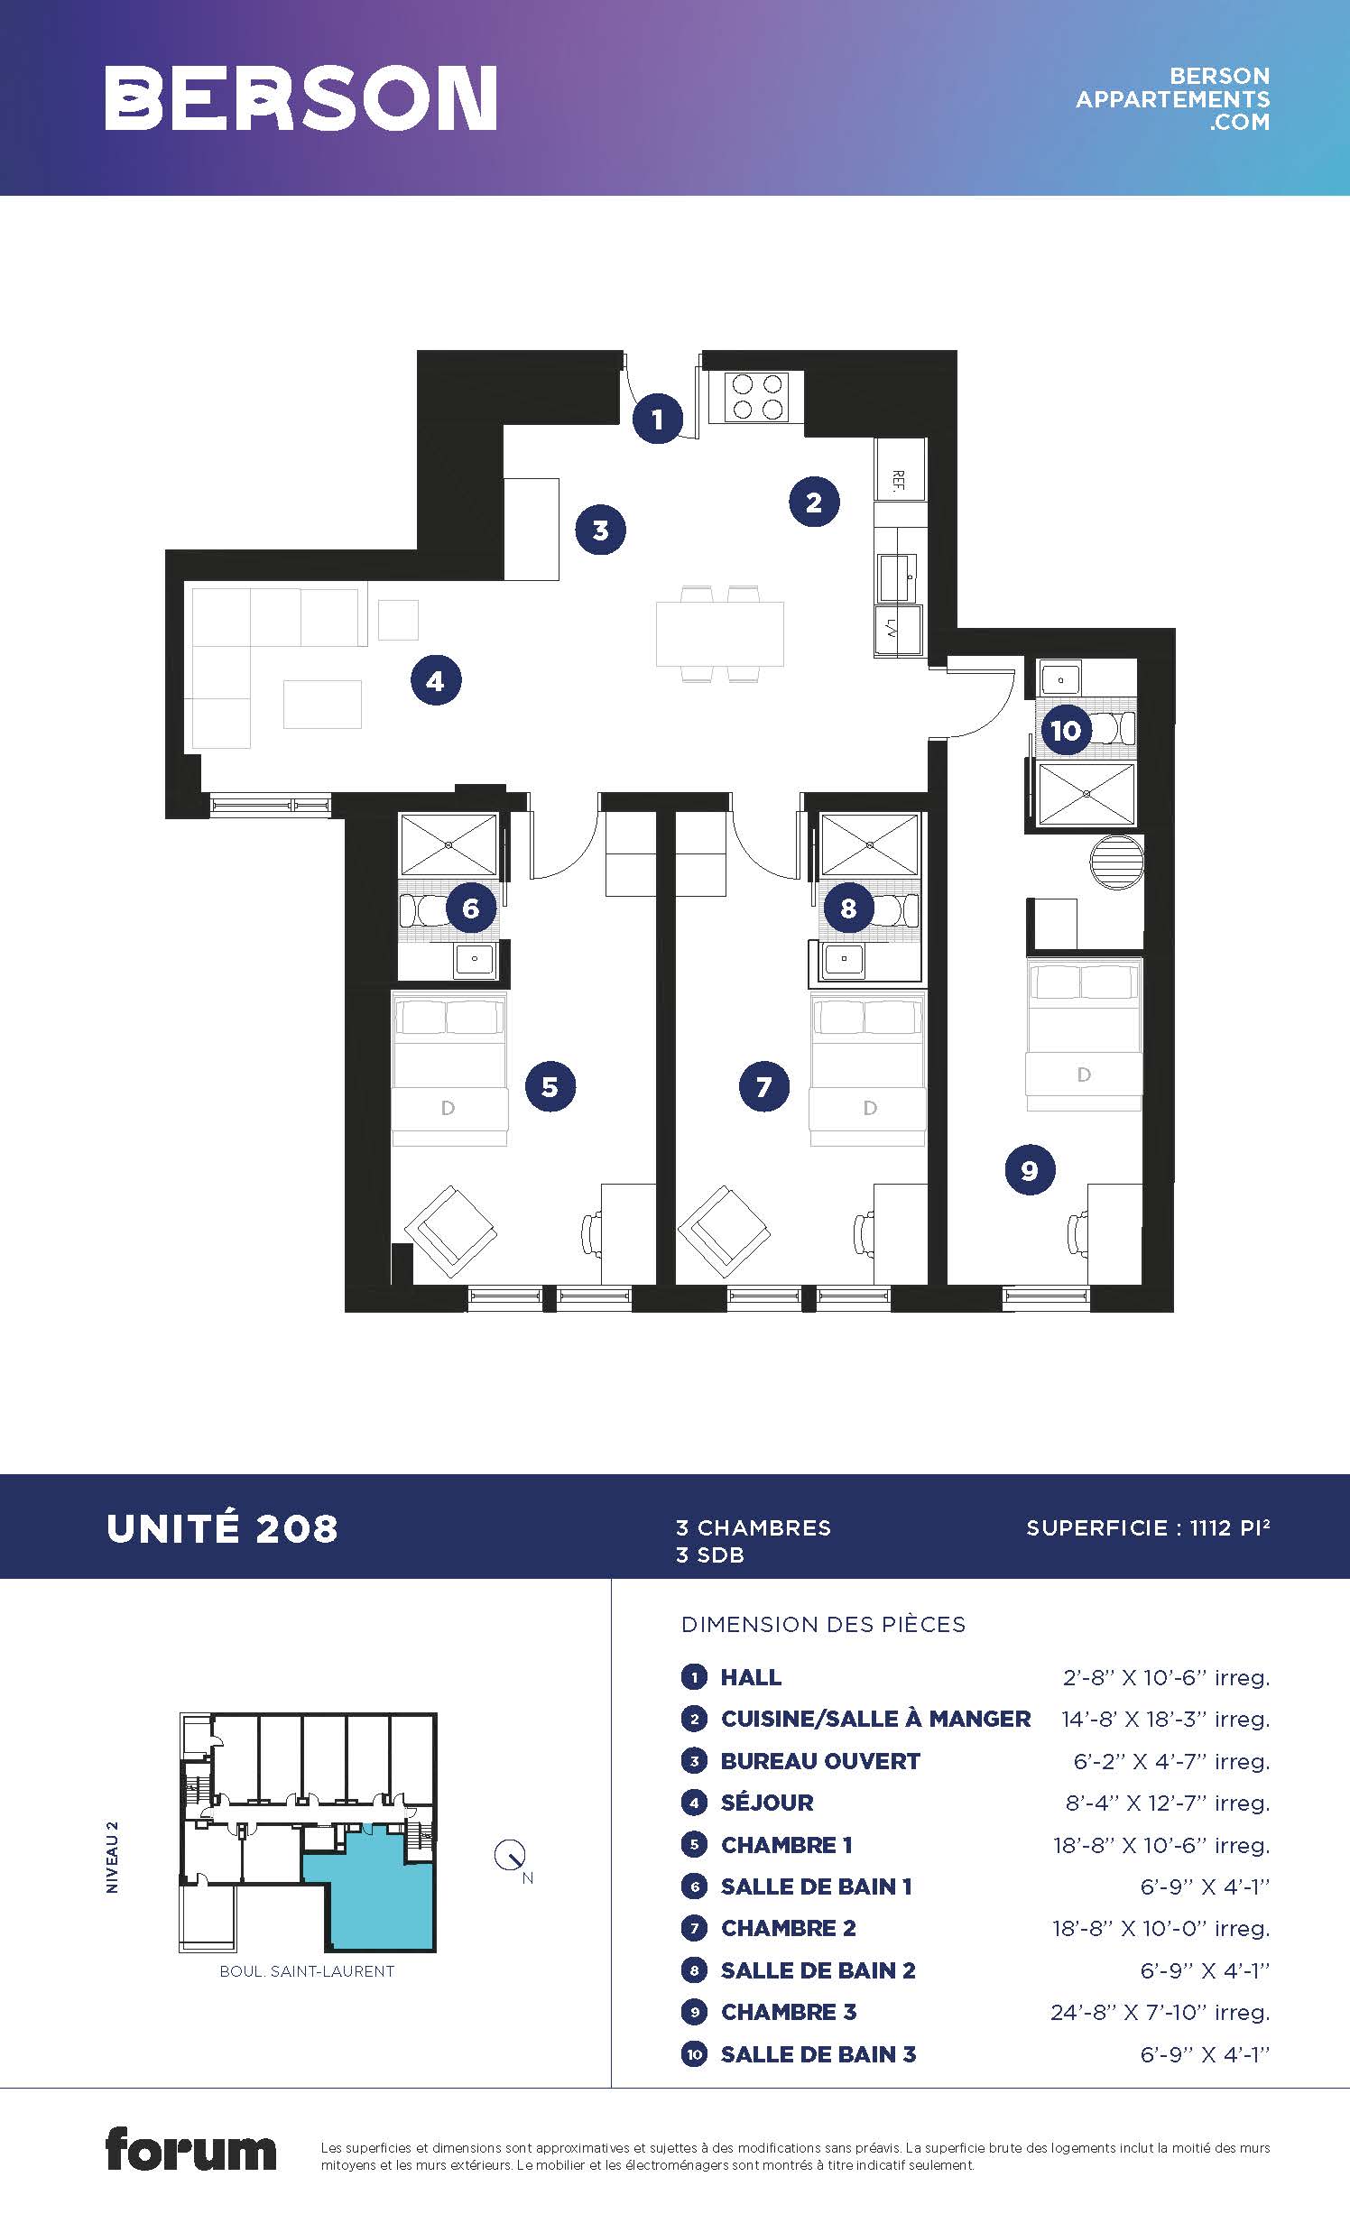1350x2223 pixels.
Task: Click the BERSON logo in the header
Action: pyautogui.click(x=301, y=97)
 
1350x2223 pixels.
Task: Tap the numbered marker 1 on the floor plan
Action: pyautogui.click(x=657, y=419)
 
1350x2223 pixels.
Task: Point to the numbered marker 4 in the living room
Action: pyautogui.click(x=436, y=680)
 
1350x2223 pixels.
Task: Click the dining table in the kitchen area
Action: pyautogui.click(x=719, y=634)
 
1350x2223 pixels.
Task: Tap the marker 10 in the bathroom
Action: pyautogui.click(x=1066, y=730)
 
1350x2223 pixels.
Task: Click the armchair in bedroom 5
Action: pyautogui.click(x=451, y=1231)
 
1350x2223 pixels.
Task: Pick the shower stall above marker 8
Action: pyautogui.click(x=869, y=844)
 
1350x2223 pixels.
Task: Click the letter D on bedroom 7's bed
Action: pyautogui.click(x=870, y=1108)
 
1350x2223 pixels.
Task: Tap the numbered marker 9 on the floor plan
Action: pyautogui.click(x=1030, y=1170)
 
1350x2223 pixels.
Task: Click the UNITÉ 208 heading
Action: pyautogui.click(x=222, y=1528)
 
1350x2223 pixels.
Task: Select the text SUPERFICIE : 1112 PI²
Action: pyautogui.click(x=1148, y=1527)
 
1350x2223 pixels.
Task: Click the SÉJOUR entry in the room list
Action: pyautogui.click(x=767, y=1803)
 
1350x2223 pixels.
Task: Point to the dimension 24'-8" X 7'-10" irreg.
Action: pyautogui.click(x=1160, y=2012)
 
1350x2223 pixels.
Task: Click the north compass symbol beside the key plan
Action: pyautogui.click(x=510, y=1856)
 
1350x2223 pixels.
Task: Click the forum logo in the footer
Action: pyautogui.click(x=190, y=2151)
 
